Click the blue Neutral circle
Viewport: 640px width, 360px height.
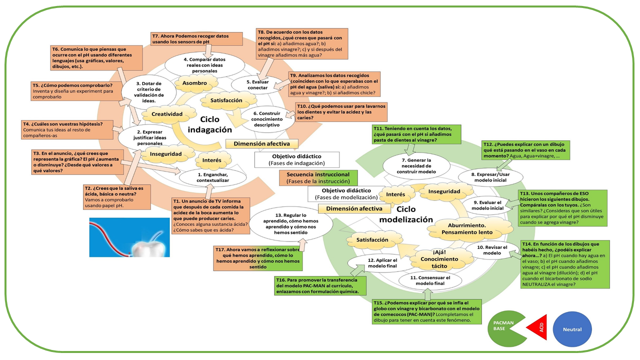click(x=572, y=329)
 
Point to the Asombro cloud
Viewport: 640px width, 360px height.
click(x=194, y=83)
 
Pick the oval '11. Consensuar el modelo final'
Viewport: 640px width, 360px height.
click(x=430, y=280)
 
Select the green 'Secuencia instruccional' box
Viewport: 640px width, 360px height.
click(x=318, y=177)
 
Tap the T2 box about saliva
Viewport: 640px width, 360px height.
click(x=116, y=196)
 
